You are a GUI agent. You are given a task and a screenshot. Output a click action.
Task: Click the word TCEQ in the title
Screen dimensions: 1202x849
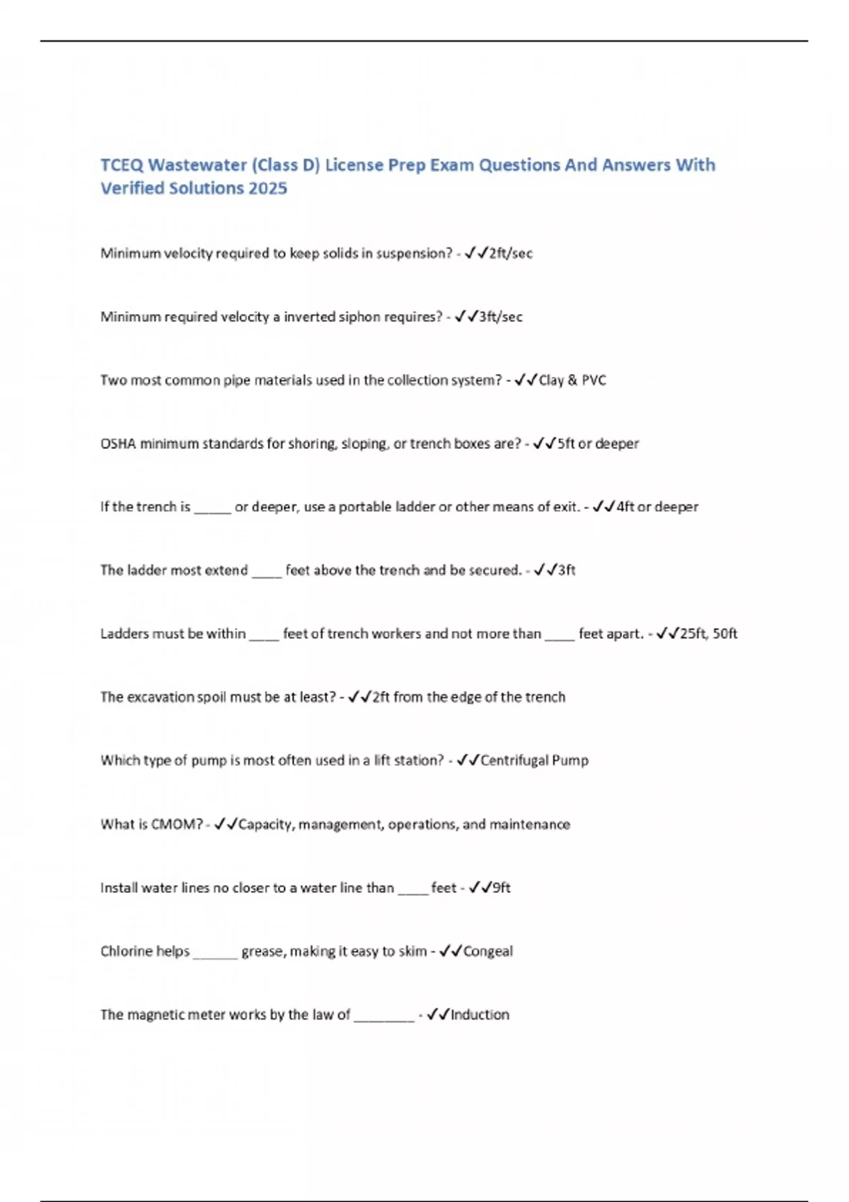(122, 165)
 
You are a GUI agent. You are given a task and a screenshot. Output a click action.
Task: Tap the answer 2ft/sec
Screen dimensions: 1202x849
(511, 253)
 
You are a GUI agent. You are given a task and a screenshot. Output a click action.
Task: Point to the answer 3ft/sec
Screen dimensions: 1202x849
(501, 317)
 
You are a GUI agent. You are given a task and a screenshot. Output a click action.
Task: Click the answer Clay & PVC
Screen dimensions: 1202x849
(572, 380)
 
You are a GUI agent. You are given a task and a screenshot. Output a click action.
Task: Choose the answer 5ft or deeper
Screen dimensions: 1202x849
(598, 444)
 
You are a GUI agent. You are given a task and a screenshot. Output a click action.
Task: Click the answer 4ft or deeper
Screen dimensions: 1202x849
(657, 507)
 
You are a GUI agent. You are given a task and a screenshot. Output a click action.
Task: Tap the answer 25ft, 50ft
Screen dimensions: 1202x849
(708, 634)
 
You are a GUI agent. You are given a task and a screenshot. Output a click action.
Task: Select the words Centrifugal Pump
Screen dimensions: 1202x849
(534, 761)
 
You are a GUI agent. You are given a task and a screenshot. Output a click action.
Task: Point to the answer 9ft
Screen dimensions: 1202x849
(501, 888)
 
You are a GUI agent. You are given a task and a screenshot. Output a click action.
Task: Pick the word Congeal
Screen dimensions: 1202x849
(488, 952)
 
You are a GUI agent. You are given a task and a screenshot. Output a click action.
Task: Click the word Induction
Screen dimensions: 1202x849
(480, 1015)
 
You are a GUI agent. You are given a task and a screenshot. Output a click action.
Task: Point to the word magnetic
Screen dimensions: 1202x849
(159, 1015)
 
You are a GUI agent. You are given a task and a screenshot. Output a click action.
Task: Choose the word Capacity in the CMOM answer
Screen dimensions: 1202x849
(266, 824)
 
